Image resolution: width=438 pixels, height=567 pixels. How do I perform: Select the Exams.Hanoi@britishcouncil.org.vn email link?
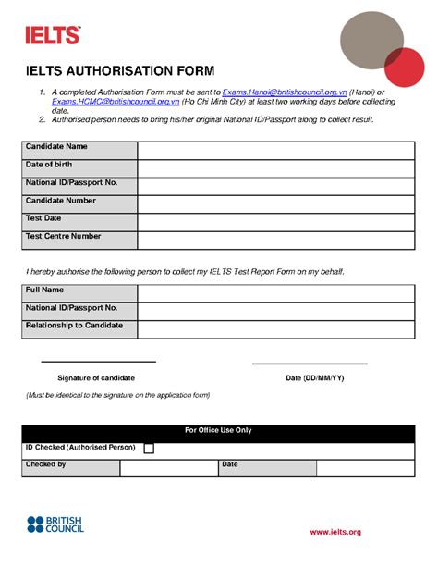285,93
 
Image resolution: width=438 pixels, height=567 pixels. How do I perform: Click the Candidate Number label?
61,201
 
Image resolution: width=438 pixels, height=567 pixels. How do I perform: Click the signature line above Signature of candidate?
98,362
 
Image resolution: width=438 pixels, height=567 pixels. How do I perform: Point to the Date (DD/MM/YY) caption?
314,378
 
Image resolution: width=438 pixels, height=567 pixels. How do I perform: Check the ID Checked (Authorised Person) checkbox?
150,449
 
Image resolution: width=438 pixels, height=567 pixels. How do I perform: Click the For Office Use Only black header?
218,431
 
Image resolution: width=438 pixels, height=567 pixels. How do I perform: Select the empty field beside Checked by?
167,468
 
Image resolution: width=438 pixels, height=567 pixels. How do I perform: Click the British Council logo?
55,524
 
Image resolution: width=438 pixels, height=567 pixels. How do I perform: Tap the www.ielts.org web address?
335,532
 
